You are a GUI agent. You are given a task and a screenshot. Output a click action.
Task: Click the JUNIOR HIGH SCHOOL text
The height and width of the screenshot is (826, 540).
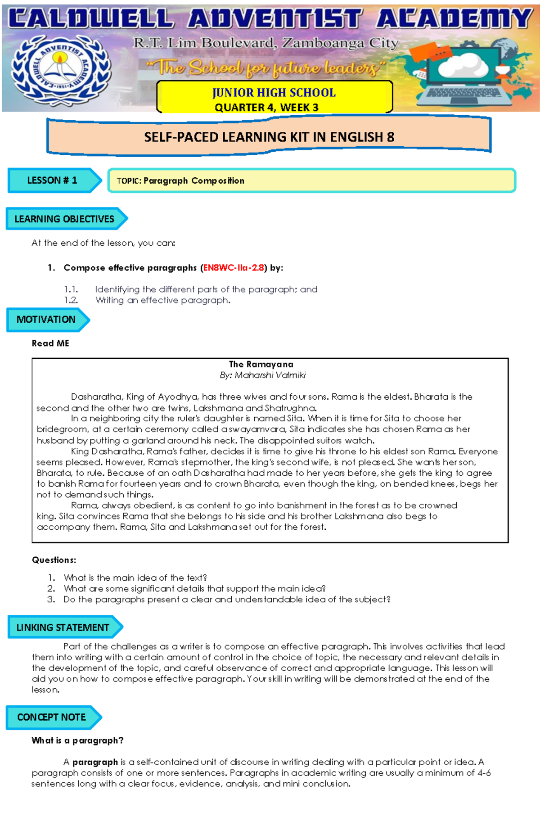coord(274,93)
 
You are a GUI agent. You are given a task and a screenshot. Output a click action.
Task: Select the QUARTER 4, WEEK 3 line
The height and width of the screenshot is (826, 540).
coord(266,108)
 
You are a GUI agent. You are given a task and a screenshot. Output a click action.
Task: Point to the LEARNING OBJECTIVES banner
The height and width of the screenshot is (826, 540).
coord(65,219)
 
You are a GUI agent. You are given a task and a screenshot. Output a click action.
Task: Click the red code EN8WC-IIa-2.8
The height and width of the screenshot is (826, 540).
coord(234,268)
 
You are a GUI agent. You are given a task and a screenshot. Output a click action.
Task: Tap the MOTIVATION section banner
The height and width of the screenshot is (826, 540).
coord(46,320)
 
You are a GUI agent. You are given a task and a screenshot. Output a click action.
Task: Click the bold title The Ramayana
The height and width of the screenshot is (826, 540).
coord(261,364)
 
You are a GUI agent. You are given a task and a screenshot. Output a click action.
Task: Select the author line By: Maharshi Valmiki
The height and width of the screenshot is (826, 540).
coord(263,375)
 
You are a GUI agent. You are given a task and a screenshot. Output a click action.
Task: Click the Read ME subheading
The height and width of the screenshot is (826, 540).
coord(50,343)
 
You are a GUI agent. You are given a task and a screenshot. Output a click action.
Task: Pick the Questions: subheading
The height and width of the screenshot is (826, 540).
coord(54,560)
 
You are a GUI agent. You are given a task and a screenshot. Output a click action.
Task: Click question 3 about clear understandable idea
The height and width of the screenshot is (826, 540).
coord(227,600)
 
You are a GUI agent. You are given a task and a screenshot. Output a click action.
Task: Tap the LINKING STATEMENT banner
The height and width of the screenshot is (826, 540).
coord(63,627)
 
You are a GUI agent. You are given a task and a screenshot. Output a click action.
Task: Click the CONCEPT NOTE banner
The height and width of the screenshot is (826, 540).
coord(52,717)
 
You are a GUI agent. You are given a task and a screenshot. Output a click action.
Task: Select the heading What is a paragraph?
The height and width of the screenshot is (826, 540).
coord(77,740)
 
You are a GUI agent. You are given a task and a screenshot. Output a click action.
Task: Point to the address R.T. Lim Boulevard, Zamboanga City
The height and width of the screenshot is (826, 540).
coord(265,44)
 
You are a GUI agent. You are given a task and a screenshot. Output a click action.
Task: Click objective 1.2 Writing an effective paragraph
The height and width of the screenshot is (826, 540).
coord(162,300)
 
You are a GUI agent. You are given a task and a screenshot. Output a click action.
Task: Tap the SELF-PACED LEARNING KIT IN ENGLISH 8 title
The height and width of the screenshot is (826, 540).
coord(269,137)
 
